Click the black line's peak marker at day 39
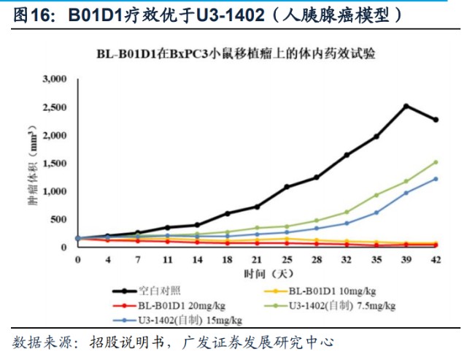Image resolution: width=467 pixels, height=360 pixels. (x=406, y=106)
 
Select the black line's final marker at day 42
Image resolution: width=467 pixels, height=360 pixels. (x=436, y=120)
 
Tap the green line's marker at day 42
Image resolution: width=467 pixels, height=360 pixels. (x=436, y=162)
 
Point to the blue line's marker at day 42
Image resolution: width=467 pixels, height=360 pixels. (x=436, y=179)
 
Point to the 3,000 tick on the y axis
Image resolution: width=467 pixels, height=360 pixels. (x=55, y=79)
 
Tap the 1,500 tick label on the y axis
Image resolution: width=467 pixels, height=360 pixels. (x=55, y=163)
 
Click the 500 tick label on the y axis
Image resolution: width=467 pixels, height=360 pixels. (x=59, y=219)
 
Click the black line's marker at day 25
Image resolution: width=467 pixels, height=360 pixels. (x=287, y=187)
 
